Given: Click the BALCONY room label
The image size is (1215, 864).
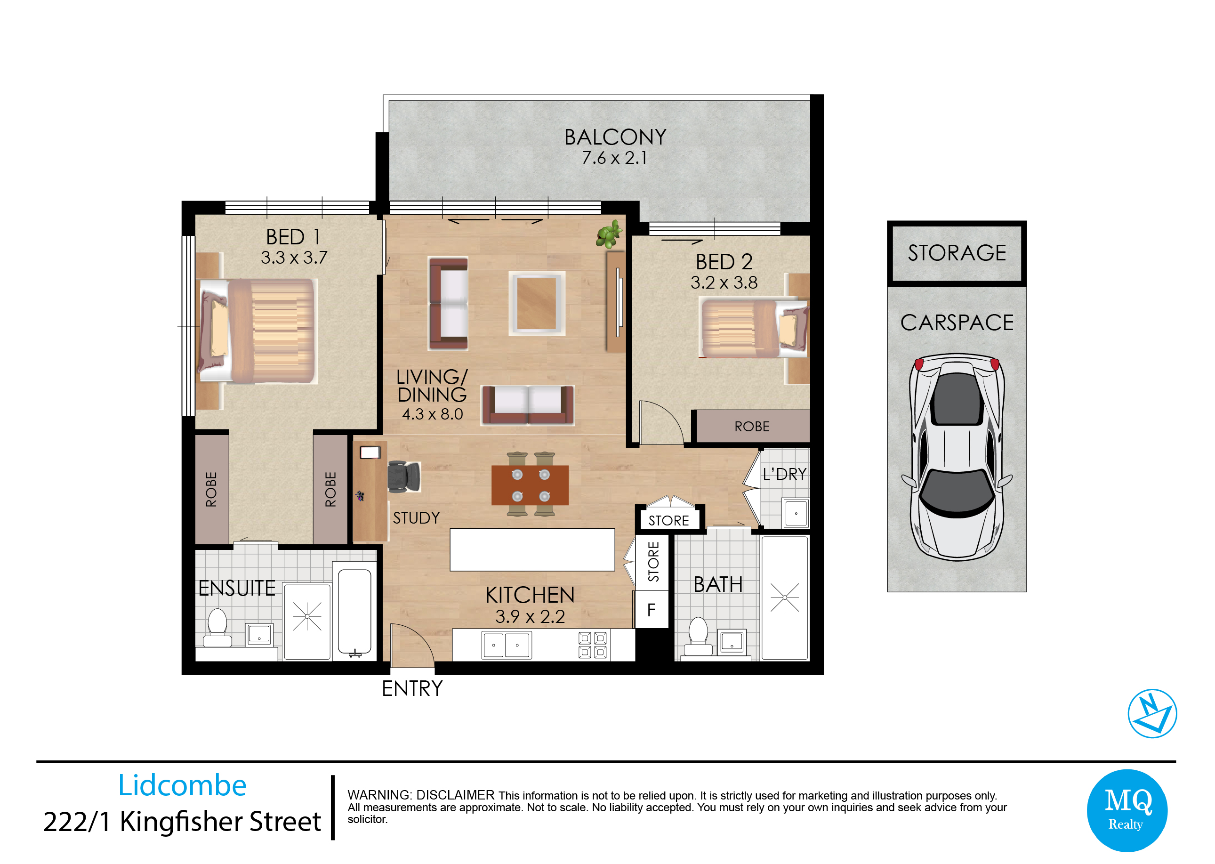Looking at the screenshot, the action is tap(615, 137).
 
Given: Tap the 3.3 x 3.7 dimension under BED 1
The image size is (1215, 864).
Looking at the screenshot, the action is tap(294, 258).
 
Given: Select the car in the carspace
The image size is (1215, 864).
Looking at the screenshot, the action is tap(957, 457).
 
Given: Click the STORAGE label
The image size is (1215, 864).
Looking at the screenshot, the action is tap(957, 253).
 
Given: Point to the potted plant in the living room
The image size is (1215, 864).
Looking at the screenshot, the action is tap(609, 234).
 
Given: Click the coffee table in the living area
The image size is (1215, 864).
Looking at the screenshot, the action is tap(536, 304).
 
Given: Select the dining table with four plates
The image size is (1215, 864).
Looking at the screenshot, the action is tap(530, 484).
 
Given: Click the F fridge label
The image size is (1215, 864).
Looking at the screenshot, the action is tap(651, 610).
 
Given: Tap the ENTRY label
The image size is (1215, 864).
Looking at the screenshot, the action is tap(412, 688).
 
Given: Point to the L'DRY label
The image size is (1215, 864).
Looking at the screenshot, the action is tap(784, 474).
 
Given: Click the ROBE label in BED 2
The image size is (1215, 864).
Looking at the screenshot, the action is tap(752, 427).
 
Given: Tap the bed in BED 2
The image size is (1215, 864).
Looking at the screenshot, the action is tap(753, 328).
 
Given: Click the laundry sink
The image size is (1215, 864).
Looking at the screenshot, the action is tap(796, 513).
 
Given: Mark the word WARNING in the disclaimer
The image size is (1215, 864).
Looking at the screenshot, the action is tap(380, 795).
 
